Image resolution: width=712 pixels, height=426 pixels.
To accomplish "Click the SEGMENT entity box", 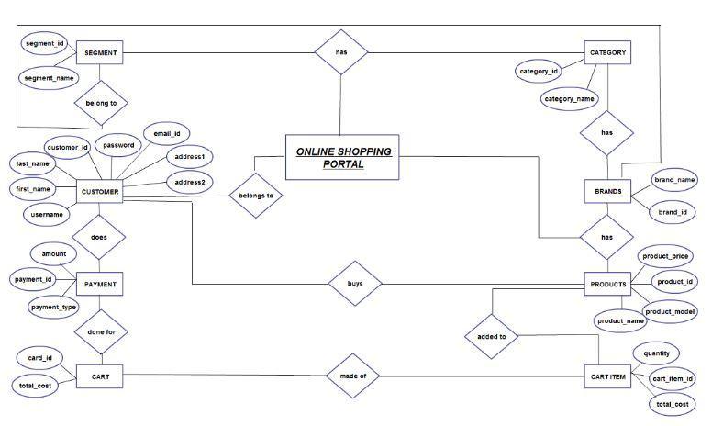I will point(98,53).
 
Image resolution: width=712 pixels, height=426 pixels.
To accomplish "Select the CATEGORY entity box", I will point(607,53).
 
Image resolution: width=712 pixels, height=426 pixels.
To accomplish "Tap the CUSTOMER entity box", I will point(99,192).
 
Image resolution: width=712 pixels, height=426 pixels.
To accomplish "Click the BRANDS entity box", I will point(607,192).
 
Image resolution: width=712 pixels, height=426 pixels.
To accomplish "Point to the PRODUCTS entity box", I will point(607,285).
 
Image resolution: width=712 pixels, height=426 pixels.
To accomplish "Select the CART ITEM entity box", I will point(607,376).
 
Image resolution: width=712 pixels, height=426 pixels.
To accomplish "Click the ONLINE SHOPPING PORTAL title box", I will point(343,157).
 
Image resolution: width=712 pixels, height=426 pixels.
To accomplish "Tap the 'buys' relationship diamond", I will point(354,285).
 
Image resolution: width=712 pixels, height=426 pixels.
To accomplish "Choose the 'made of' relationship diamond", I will point(354,376).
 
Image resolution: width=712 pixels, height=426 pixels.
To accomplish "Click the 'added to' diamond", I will point(491,337).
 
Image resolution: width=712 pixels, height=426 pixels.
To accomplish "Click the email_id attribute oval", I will point(166,135).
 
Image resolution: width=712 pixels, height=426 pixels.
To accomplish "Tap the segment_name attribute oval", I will point(48,78).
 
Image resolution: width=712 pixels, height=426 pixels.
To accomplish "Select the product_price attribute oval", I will point(665,256).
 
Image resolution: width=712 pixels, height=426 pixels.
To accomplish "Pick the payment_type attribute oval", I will point(53,308).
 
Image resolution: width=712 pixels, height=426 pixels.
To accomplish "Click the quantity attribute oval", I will point(656,353).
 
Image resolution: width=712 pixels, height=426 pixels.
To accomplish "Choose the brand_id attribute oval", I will point(672,212).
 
